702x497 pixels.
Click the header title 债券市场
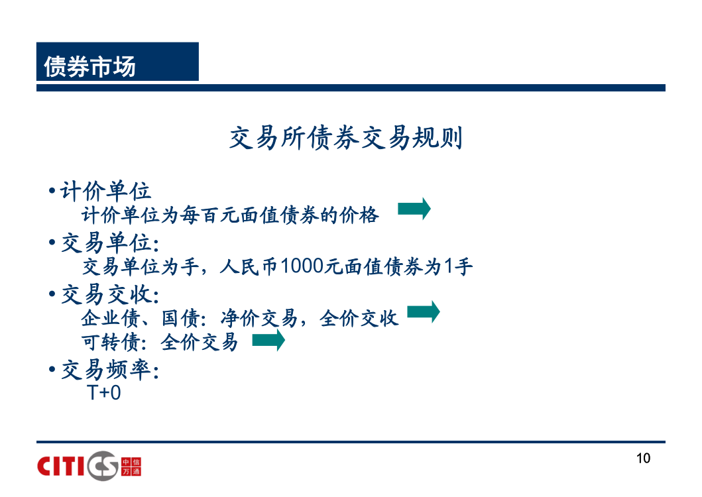point(89,66)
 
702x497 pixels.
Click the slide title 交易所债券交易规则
point(345,137)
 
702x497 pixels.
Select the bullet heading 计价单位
point(105,191)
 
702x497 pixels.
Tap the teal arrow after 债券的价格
point(414,208)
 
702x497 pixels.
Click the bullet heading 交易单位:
point(110,243)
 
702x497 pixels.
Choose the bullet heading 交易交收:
point(110,294)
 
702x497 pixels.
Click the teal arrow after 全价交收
point(424,311)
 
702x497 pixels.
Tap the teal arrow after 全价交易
point(268,340)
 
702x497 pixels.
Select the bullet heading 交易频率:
point(110,370)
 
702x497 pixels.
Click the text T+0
point(104,393)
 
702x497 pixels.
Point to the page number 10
point(644,458)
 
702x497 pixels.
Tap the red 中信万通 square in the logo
point(131,467)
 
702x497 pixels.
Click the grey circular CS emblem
point(103,466)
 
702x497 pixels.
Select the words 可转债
point(111,342)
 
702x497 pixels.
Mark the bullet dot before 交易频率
point(52,370)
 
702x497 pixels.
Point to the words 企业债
point(111,318)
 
